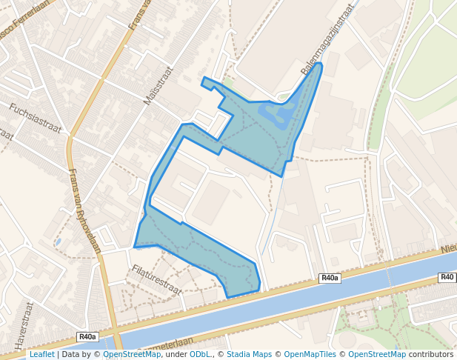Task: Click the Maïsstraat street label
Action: click(x=157, y=86)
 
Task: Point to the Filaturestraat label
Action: click(x=156, y=279)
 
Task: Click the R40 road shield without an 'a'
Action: click(x=447, y=278)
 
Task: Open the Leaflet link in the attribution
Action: click(x=41, y=354)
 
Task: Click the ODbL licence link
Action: click(x=200, y=354)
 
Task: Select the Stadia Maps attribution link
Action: click(x=249, y=354)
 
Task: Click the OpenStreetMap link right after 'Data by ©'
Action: click(x=131, y=354)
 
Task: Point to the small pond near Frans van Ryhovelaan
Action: click(x=58, y=241)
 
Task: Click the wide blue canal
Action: click(x=296, y=304)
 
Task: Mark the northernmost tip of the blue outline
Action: click(x=320, y=64)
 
